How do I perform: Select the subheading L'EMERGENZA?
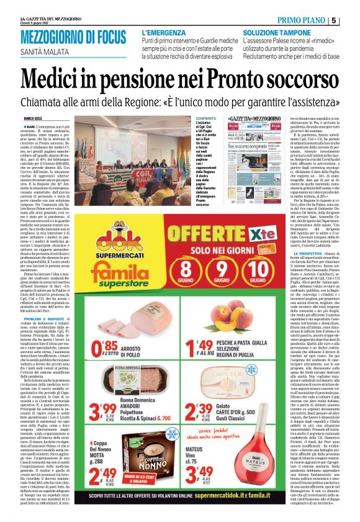click(x=164, y=32)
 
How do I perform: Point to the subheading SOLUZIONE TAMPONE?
click(x=276, y=32)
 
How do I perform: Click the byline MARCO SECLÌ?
click(x=41, y=117)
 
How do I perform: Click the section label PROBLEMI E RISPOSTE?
click(x=52, y=299)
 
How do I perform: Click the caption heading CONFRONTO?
click(x=207, y=117)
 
